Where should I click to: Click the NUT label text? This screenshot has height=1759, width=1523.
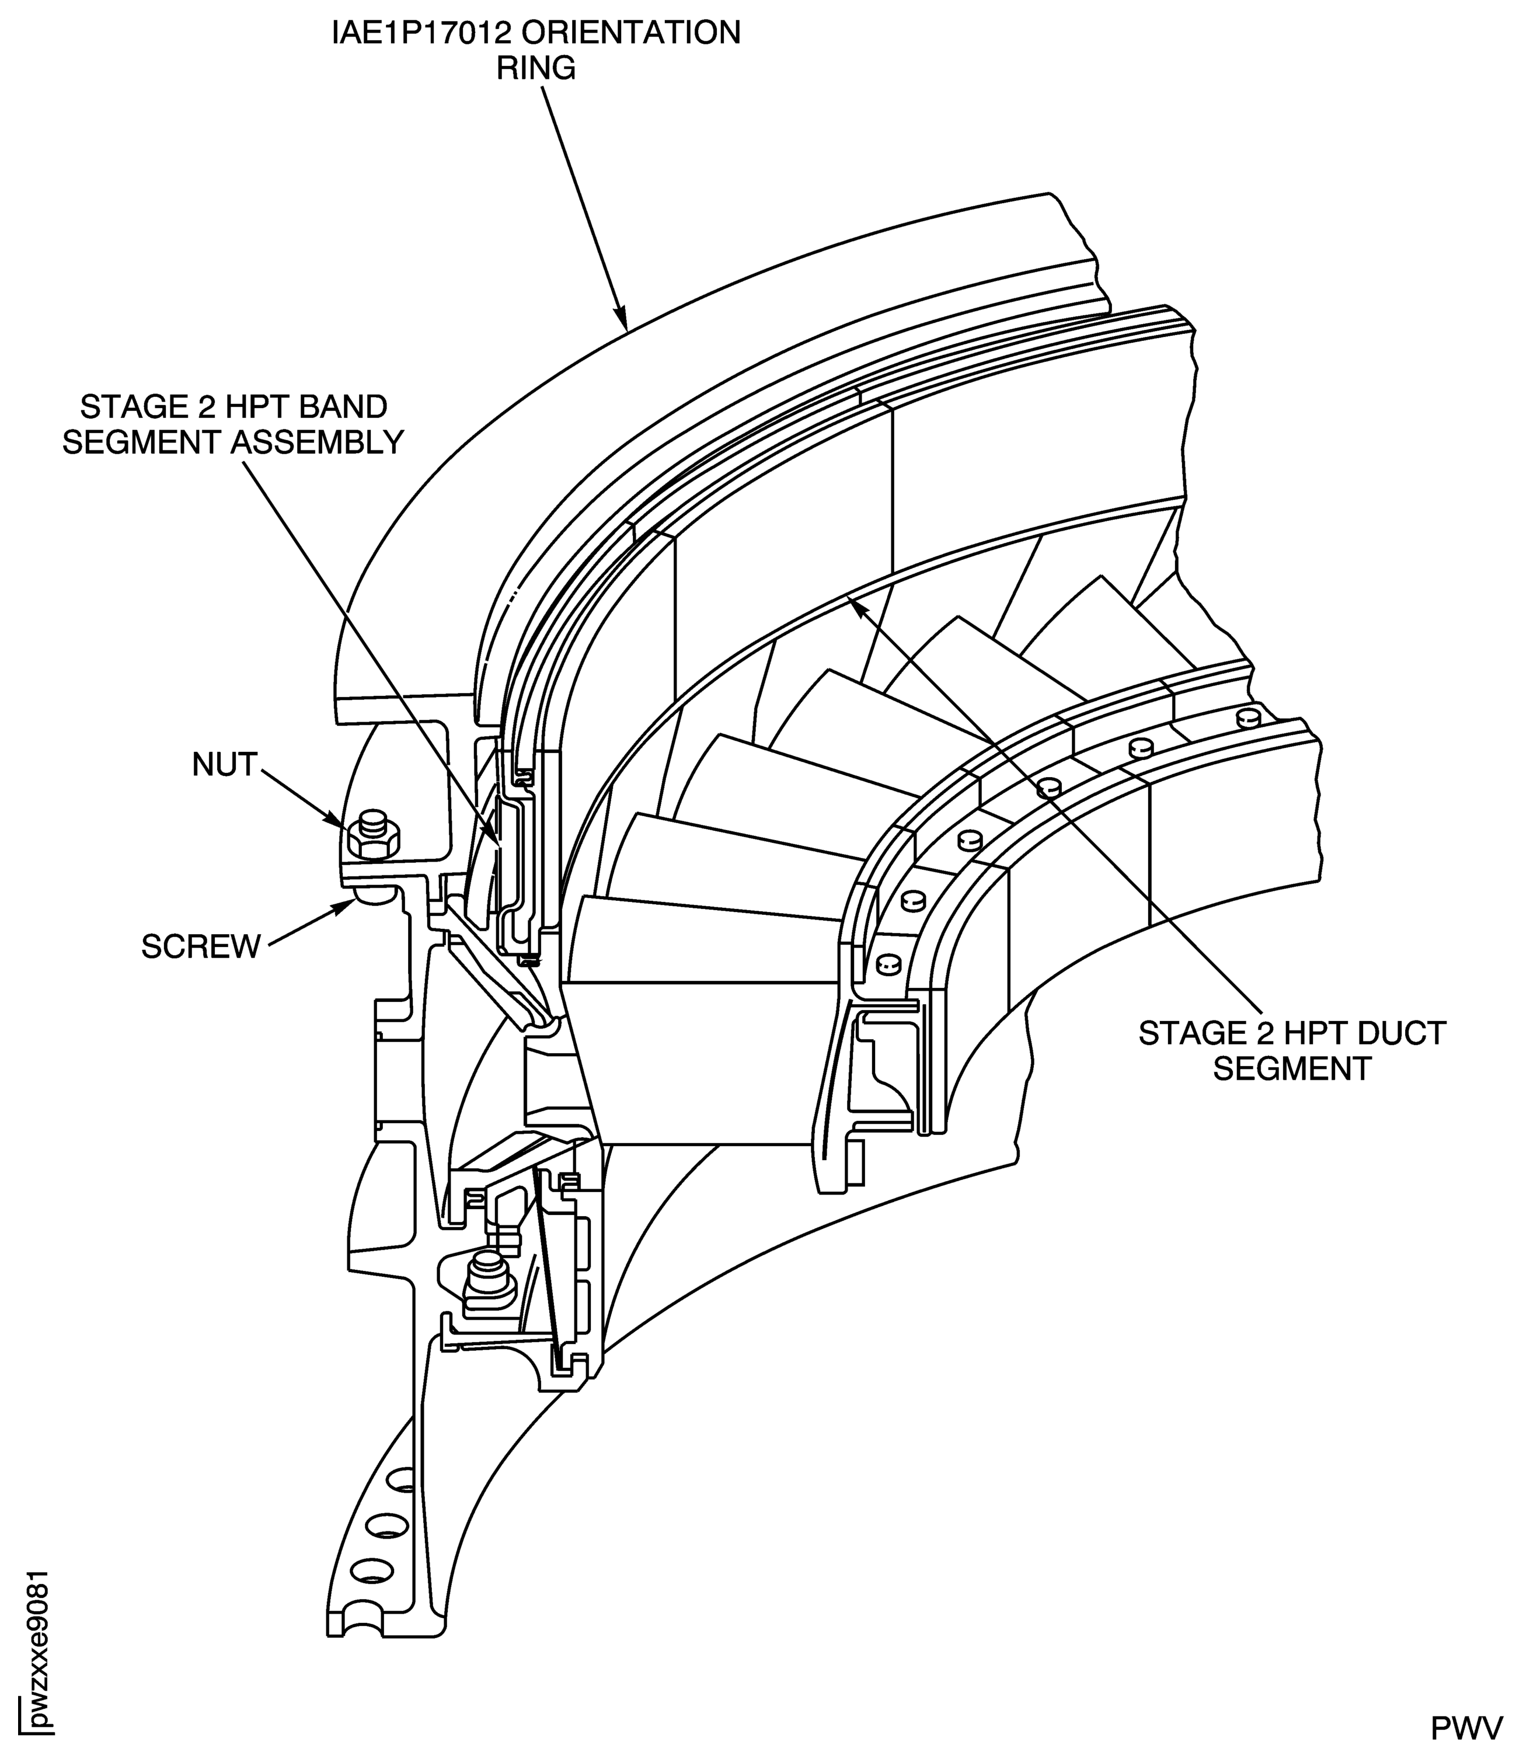pyautogui.click(x=224, y=765)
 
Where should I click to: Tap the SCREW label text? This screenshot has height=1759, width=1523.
pyautogui.click(x=201, y=946)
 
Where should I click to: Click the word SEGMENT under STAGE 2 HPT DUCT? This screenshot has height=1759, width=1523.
pyautogui.click(x=1292, y=1069)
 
